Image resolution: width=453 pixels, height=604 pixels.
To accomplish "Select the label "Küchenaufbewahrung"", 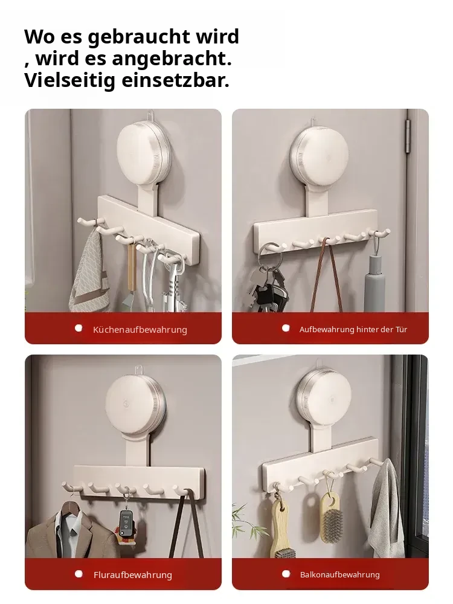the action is pyautogui.click(x=140, y=330).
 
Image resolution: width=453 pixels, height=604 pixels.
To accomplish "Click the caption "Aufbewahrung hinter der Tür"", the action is pyautogui.click(x=353, y=329).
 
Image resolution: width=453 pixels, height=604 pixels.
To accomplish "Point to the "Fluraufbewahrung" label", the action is pyautogui.click(x=133, y=575).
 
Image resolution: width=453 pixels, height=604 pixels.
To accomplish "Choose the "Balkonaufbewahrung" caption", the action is pyautogui.click(x=339, y=575).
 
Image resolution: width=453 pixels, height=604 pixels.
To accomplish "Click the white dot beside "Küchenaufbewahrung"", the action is pyautogui.click(x=79, y=328).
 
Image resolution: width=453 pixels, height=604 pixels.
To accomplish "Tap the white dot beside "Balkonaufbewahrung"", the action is pyautogui.click(x=286, y=574).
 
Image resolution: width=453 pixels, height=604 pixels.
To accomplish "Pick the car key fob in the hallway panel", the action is pyautogui.click(x=126, y=522).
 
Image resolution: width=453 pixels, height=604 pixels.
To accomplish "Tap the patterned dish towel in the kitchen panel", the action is pyautogui.click(x=88, y=274).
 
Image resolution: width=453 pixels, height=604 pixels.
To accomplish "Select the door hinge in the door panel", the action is pyautogui.click(x=408, y=137).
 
